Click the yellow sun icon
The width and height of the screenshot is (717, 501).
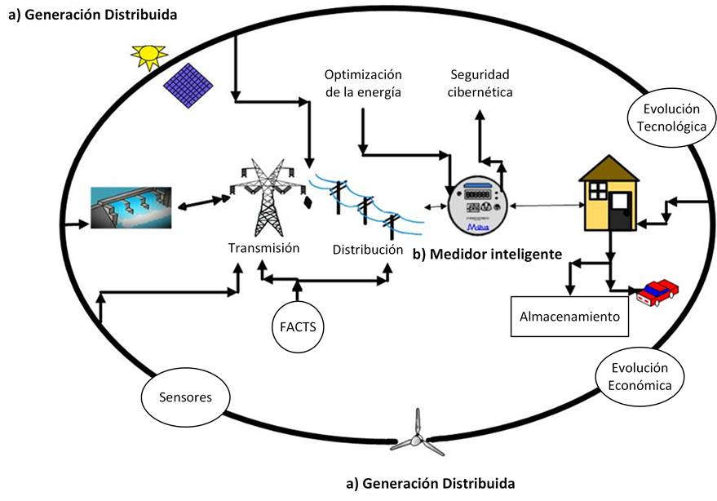tap(149, 55)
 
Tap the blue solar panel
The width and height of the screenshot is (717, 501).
tap(189, 84)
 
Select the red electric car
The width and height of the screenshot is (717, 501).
tap(658, 291)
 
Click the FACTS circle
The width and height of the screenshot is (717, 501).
tap(296, 327)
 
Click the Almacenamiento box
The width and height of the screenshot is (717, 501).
tap(570, 317)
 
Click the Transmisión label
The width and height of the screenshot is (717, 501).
tap(263, 248)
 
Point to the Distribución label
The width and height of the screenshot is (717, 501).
tap(367, 248)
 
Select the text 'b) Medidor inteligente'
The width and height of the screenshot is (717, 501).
tap(488, 254)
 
